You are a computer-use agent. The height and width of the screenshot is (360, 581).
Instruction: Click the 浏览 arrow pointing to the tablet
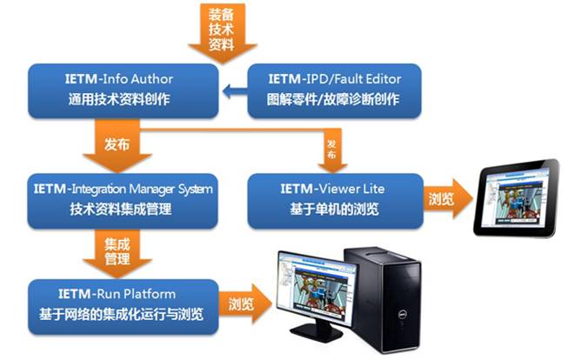(x=444, y=198)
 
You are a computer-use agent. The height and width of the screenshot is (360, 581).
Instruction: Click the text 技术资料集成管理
(x=121, y=210)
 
